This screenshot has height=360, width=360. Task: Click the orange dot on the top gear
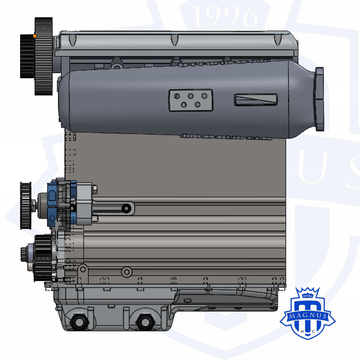point(35,36)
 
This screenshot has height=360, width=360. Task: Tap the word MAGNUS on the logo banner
point(308,315)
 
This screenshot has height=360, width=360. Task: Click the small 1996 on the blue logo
point(308,296)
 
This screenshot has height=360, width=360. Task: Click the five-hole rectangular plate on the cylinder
point(191,100)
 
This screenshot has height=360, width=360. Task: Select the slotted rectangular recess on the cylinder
point(256,100)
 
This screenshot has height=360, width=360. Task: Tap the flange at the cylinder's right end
point(319,99)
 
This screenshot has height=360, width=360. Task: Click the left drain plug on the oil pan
point(80,321)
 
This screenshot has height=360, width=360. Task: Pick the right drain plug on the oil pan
point(145,321)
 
